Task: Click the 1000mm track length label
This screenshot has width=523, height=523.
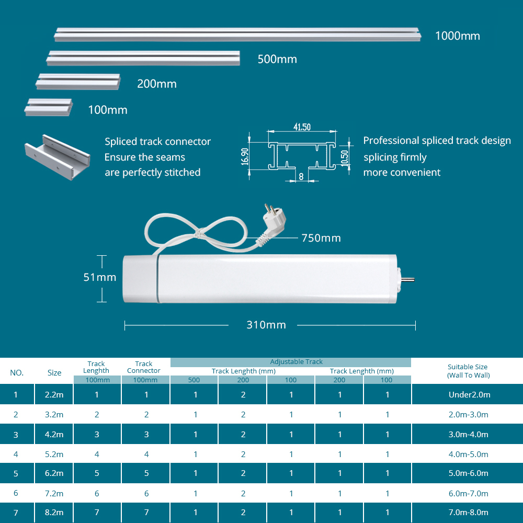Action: [457, 36]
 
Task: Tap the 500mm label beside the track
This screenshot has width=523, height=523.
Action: [277, 60]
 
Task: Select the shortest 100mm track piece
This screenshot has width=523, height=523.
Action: [49, 107]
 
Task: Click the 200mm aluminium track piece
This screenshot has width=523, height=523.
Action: [78, 82]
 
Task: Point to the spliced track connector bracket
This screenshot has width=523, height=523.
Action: [58, 157]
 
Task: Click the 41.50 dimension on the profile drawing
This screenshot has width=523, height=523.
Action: [302, 127]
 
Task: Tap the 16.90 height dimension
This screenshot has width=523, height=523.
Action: [245, 156]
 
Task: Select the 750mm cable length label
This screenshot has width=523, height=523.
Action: [321, 238]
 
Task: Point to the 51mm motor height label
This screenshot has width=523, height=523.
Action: [100, 277]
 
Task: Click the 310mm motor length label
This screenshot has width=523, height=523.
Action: [266, 325]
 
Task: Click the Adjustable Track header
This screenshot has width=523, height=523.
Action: [296, 361]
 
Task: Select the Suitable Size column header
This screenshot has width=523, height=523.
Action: [468, 371]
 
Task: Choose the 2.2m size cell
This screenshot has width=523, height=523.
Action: [54, 394]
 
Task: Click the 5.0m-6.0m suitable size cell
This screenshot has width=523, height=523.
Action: [468, 473]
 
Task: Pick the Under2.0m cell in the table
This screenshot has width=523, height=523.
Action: [469, 394]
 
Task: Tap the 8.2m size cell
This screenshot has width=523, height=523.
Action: [54, 513]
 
